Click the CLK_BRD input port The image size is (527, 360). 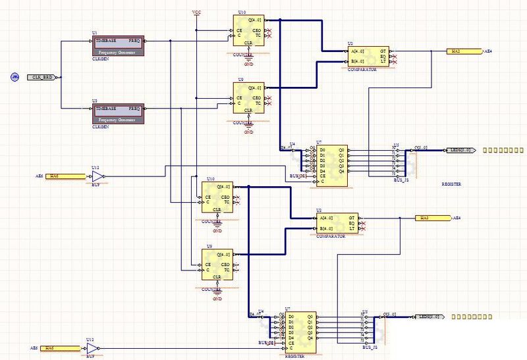[x=42, y=77]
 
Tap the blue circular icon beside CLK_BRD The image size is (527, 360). [x=14, y=77]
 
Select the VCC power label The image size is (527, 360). [x=196, y=13]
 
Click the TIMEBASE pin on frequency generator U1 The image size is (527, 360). [x=106, y=41]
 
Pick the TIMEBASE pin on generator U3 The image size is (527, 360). [x=106, y=108]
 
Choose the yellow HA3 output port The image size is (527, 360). [x=431, y=217]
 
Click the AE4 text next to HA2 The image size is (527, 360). [x=488, y=51]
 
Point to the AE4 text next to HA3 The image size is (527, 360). [x=456, y=217]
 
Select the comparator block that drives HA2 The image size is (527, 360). [x=368, y=56]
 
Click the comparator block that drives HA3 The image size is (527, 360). [x=336, y=222]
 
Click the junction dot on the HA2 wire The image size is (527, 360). [x=431, y=51]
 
